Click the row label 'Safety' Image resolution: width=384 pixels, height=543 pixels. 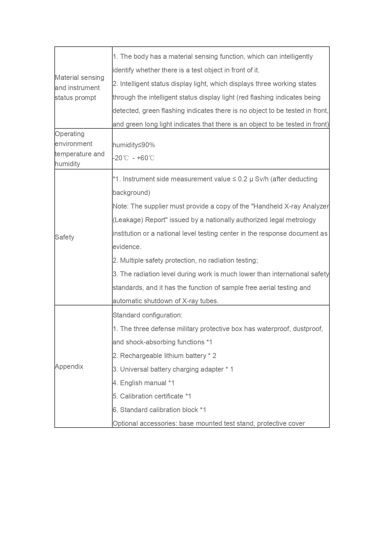click(x=64, y=237)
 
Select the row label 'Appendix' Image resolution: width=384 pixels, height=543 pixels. click(x=69, y=367)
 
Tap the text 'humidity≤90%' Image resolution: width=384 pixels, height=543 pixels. click(x=134, y=145)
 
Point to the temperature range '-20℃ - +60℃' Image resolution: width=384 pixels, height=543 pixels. click(x=133, y=158)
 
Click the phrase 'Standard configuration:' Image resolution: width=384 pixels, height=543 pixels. click(x=148, y=315)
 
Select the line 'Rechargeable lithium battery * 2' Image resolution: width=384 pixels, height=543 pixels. click(x=164, y=356)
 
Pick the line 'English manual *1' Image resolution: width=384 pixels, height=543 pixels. click(x=144, y=383)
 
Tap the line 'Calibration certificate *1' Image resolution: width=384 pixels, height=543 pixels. click(x=152, y=396)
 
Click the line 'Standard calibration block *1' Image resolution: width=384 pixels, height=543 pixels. click(x=159, y=410)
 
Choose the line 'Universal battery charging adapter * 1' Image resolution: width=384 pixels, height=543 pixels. click(x=173, y=369)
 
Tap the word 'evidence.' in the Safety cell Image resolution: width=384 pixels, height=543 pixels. click(x=127, y=247)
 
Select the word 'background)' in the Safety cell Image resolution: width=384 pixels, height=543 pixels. click(x=131, y=193)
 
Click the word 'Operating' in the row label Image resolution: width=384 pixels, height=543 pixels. click(x=70, y=134)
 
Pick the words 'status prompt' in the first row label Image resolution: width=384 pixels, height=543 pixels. click(x=75, y=98)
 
